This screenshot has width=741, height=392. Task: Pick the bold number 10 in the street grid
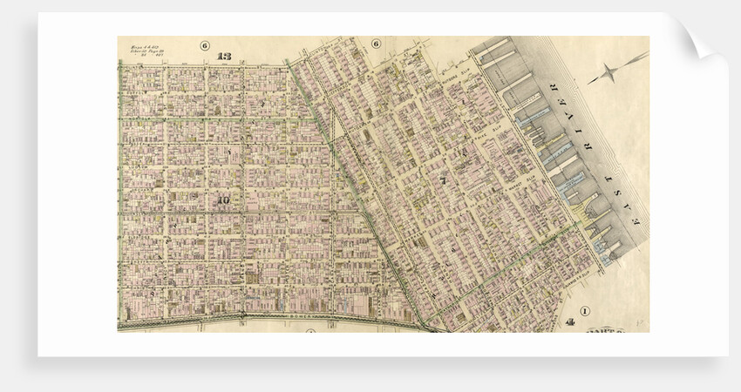pyautogui.click(x=224, y=199)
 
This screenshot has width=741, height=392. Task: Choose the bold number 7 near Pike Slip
pyautogui.click(x=442, y=181)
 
